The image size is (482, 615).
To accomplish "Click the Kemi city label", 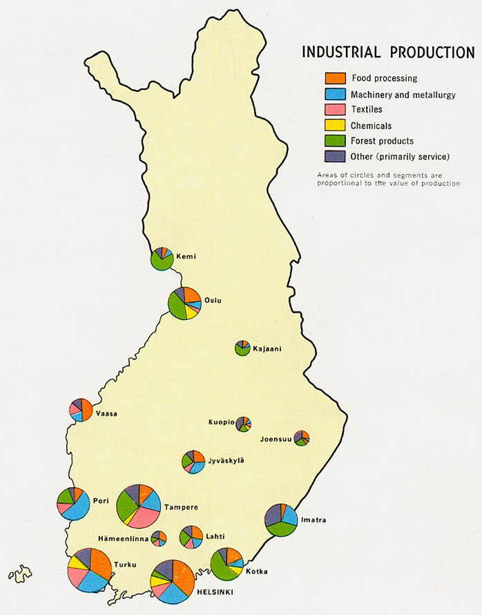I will tap(186, 256).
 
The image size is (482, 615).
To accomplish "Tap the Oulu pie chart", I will tap(184, 303).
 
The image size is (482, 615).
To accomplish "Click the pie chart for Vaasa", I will tap(81, 410).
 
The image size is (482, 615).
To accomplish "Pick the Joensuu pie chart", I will tap(301, 437).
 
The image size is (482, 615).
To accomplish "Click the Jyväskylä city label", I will tap(225, 460).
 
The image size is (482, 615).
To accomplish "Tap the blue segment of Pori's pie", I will tap(77, 508).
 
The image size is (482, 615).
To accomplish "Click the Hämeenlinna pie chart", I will tap(159, 538).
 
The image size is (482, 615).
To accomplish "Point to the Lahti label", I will tap(215, 536).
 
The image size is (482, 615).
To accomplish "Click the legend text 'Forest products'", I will tap(382, 141).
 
